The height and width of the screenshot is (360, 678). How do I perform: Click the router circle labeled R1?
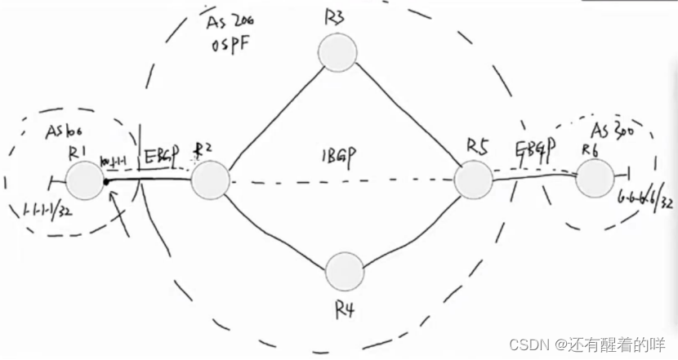click(x=84, y=180)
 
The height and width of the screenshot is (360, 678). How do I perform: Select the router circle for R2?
click(x=211, y=180)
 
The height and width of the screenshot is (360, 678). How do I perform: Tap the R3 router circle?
click(x=337, y=54)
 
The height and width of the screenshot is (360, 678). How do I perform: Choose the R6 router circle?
click(x=594, y=177)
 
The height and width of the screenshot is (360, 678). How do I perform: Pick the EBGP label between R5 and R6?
click(x=536, y=149)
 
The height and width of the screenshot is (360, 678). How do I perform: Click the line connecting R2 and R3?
click(x=274, y=114)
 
